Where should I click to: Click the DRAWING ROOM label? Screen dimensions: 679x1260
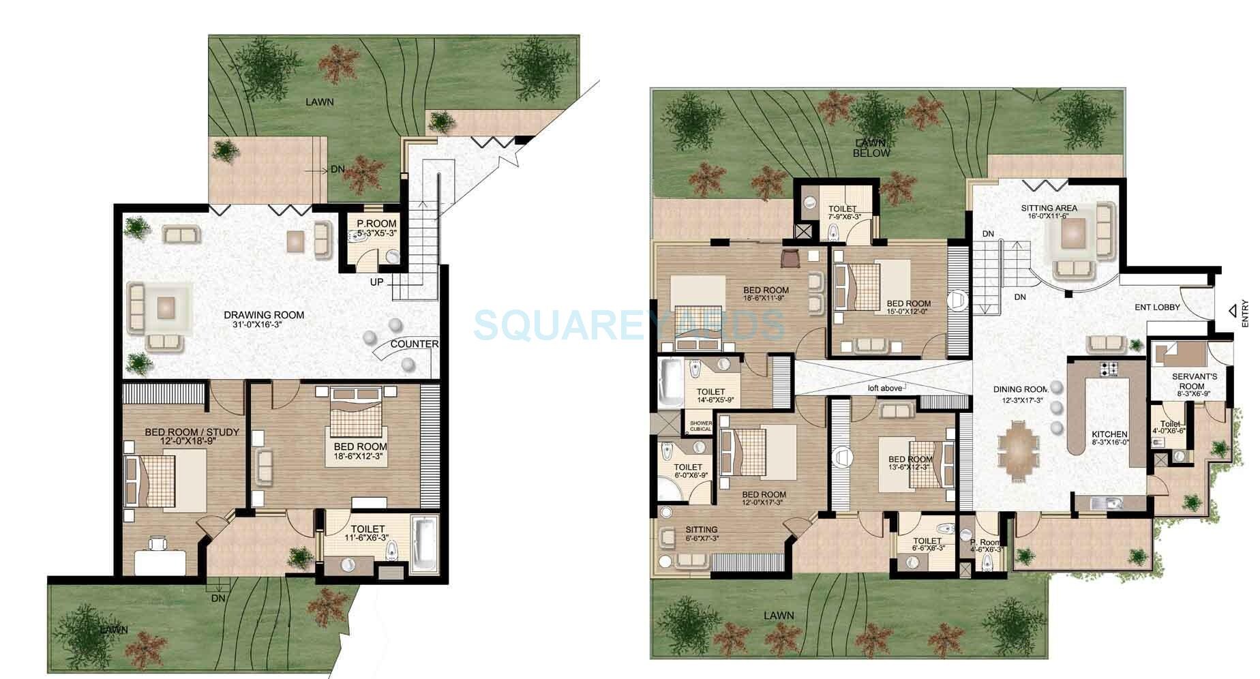click(x=264, y=315)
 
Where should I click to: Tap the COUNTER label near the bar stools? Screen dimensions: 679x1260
click(x=415, y=344)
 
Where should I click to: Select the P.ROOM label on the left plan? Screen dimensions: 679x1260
click(x=376, y=224)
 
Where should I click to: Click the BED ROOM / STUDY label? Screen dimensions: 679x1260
click(x=192, y=432)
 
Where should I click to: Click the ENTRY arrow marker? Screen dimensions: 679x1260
click(x=1233, y=311)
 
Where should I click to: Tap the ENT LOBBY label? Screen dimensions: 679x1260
click(x=1157, y=307)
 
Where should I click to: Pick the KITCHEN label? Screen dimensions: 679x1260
click(x=1109, y=435)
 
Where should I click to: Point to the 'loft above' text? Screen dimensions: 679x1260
click(x=885, y=388)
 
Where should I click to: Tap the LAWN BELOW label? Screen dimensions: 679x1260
click(x=871, y=148)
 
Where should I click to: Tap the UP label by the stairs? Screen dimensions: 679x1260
click(x=377, y=282)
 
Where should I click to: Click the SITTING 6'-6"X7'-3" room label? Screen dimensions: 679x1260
click(x=701, y=530)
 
